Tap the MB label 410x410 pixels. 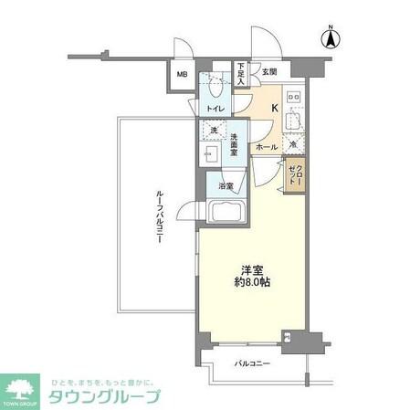[182, 76]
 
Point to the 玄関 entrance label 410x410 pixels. [268, 70]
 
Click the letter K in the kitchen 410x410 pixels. [274, 106]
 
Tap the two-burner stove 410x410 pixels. [294, 96]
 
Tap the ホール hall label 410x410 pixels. [267, 146]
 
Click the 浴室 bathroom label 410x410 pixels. [226, 186]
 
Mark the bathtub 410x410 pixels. [226, 214]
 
